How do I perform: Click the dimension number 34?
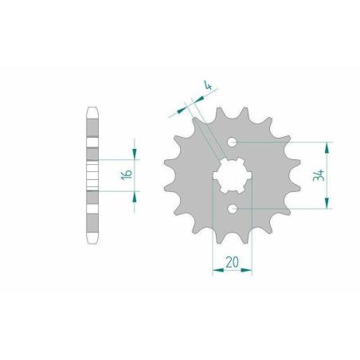(319, 175)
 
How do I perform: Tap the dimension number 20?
(232, 263)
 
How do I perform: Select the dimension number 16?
(127, 174)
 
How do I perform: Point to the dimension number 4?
(209, 86)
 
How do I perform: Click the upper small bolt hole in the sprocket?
(233, 143)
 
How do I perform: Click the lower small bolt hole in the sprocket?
(233, 209)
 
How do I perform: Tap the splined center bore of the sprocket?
(233, 175)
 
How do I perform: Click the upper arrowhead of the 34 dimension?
(327, 147)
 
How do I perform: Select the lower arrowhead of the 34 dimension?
(327, 203)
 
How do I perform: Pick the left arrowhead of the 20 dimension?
(218, 270)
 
